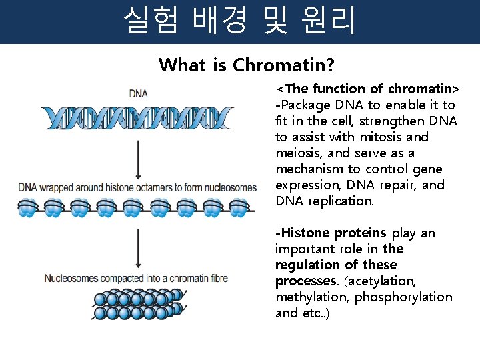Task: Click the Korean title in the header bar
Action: [240, 21]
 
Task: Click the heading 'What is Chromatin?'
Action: [246, 65]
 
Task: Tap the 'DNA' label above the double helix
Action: [138, 94]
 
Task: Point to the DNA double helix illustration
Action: [137, 117]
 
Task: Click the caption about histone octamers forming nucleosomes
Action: [137, 187]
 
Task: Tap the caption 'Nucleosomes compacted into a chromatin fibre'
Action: [136, 278]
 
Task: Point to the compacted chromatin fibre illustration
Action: [136, 303]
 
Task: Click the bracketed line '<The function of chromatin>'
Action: [368, 89]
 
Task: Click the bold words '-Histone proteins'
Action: [331, 233]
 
